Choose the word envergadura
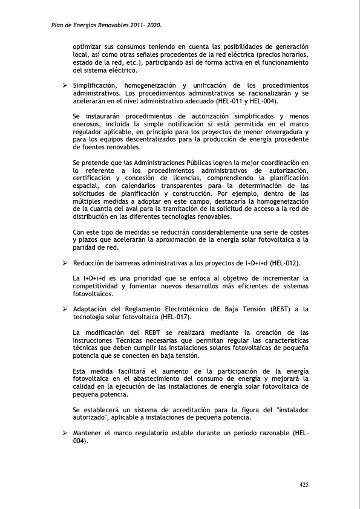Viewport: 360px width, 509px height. click(x=283, y=132)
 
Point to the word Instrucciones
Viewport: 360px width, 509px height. click(x=95, y=340)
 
